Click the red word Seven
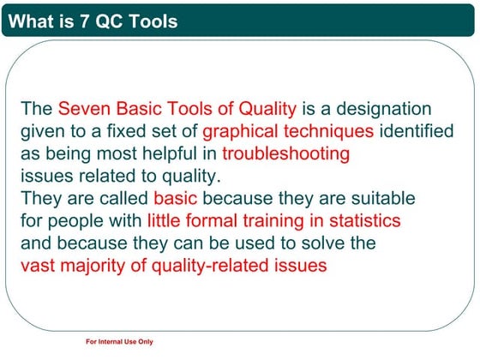[x=82, y=110]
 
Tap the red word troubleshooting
[x=285, y=154]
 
